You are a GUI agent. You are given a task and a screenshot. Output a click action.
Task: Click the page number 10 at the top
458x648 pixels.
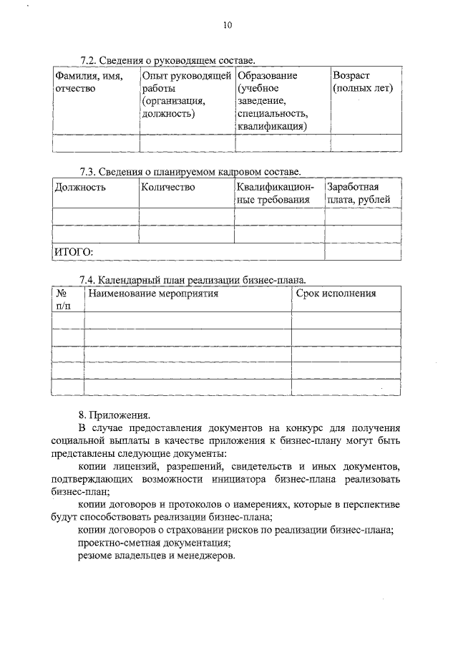coord(228,25)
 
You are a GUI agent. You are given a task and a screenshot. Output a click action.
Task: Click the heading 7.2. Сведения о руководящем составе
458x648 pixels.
coord(167,61)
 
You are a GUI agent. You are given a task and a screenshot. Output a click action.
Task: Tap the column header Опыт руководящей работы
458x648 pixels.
coord(186,94)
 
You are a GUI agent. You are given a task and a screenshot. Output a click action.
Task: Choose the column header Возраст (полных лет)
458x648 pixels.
coord(364,82)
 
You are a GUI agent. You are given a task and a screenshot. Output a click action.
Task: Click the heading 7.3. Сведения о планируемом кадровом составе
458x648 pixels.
coord(190,172)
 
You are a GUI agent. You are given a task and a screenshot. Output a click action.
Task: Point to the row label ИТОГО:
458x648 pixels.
coord(74,252)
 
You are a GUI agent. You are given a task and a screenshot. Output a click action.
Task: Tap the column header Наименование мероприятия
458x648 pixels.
coord(152,294)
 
